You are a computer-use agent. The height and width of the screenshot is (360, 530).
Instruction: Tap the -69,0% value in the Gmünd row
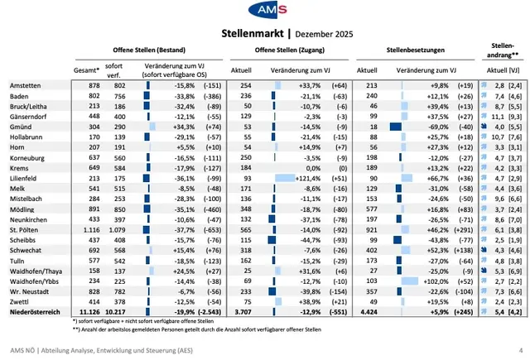[436, 126]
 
